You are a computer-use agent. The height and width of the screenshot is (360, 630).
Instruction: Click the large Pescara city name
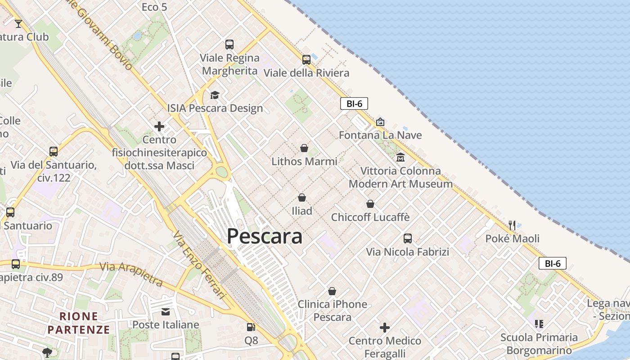click(264, 236)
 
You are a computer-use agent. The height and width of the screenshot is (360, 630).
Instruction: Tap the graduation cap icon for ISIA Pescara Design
click(215, 95)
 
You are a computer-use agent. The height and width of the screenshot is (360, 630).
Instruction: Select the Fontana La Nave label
click(380, 135)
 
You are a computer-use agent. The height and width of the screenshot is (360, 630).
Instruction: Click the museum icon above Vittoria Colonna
click(400, 157)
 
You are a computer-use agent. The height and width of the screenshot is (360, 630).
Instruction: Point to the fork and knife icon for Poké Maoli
click(512, 225)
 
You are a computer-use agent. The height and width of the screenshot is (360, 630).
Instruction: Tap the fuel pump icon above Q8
click(251, 327)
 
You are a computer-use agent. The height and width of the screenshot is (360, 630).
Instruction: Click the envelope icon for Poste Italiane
click(166, 311)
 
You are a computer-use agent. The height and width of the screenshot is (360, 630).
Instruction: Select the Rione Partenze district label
click(79, 323)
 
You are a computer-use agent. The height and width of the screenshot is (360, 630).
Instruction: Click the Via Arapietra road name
click(131, 274)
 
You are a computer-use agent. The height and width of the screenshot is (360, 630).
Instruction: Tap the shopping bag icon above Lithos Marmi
click(304, 148)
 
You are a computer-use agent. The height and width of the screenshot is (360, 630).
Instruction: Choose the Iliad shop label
click(301, 211)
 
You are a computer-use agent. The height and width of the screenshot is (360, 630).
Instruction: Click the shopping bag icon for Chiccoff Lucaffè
click(370, 204)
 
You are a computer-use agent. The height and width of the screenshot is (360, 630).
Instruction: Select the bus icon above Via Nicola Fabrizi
click(407, 238)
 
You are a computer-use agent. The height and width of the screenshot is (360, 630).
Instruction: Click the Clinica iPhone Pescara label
click(332, 310)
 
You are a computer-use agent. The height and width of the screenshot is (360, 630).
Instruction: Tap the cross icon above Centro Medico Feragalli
click(384, 327)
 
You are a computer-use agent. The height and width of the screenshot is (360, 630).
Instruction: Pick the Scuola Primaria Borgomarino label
click(539, 344)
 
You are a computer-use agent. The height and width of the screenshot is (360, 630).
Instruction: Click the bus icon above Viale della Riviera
click(306, 59)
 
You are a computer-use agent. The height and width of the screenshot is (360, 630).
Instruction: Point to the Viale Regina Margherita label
click(230, 64)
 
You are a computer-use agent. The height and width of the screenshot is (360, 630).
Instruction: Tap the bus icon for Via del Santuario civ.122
click(54, 152)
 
